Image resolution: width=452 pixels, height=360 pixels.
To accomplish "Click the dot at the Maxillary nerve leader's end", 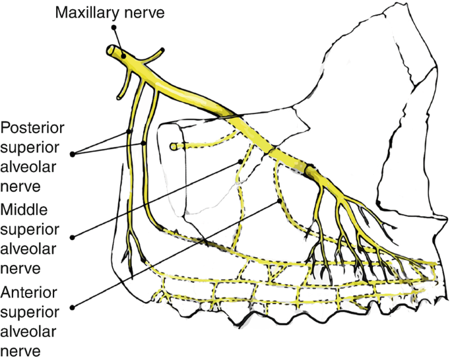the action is pos(113,28).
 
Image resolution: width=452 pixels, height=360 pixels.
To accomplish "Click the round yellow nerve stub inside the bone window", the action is pos(174,146).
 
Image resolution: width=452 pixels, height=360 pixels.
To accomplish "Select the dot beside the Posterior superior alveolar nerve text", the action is pos(73,154).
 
